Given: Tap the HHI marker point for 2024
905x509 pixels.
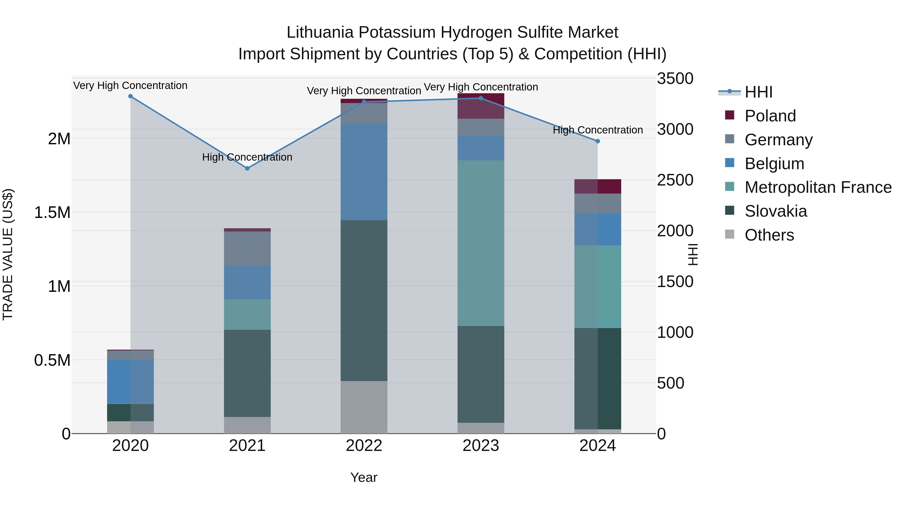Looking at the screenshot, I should point(597,141).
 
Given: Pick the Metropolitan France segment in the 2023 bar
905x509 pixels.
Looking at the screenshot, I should point(481,243).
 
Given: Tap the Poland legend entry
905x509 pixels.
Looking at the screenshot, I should point(770,116).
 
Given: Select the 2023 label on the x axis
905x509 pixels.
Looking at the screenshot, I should point(481,446).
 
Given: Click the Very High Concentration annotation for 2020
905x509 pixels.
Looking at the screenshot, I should point(130,85).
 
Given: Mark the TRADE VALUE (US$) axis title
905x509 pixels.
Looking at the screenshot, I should point(8,254).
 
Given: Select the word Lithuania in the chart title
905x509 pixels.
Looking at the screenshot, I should point(320,32).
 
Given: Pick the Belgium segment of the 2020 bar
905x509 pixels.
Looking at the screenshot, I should point(130,382).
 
